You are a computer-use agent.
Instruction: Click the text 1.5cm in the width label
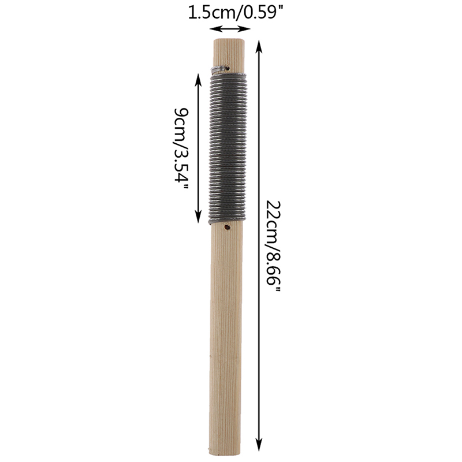pos(211,13)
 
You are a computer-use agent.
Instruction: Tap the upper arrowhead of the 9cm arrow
pos(198,80)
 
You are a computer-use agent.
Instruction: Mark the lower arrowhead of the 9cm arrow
pos(198,217)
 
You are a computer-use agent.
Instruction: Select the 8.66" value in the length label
pos(273,271)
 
